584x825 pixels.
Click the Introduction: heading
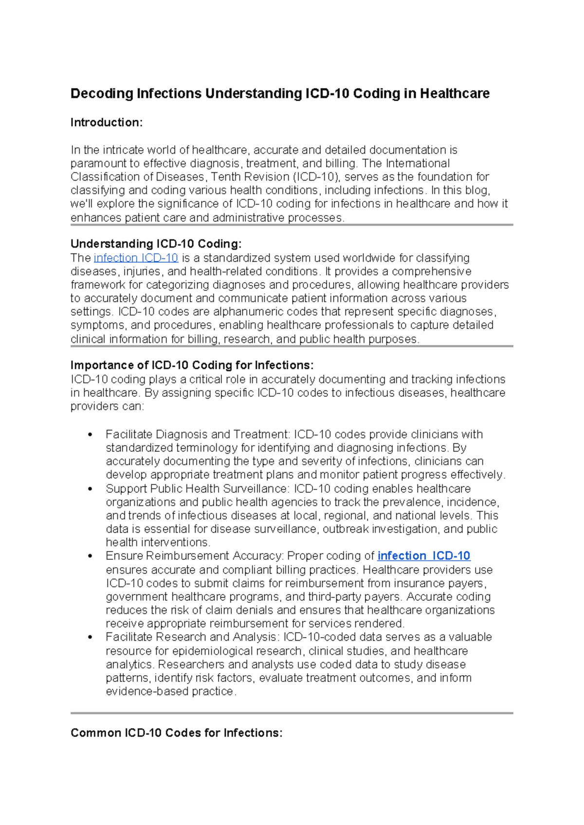point(107,123)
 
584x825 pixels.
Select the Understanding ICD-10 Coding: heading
point(156,244)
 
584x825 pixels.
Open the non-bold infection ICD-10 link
point(136,258)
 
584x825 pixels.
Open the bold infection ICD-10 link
point(423,556)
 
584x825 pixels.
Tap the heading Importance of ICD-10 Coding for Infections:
point(192,365)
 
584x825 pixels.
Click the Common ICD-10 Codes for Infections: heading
point(176,733)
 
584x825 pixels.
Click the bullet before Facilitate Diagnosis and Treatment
point(90,435)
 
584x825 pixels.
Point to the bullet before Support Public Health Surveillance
point(90,489)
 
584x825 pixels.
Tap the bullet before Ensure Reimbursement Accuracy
point(90,556)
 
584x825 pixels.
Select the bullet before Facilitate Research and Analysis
point(90,637)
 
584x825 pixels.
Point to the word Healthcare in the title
point(455,93)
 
